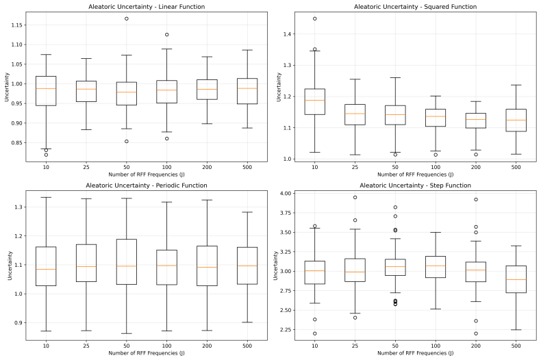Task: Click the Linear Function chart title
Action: tap(147, 7)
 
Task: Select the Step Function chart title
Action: tap(416, 185)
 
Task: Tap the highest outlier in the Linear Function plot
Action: tap(127, 18)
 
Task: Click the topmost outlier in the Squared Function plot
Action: tap(314, 18)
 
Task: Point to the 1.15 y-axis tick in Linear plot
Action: tap(16, 25)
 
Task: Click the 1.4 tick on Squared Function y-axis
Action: tap(288, 34)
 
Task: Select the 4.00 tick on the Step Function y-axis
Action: tap(286, 193)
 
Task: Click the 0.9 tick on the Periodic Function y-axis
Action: tap(18, 323)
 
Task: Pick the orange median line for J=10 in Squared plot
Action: tap(314, 100)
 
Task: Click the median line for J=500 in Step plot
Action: tap(516, 279)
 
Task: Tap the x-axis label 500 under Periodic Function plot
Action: tap(247, 346)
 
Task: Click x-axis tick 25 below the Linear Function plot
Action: tap(86, 167)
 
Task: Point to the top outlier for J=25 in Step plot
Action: tap(355, 197)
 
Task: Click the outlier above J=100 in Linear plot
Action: tap(167, 34)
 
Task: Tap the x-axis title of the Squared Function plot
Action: tap(416, 175)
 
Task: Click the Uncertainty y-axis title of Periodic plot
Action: tap(10, 266)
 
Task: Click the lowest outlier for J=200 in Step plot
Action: tap(476, 333)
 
